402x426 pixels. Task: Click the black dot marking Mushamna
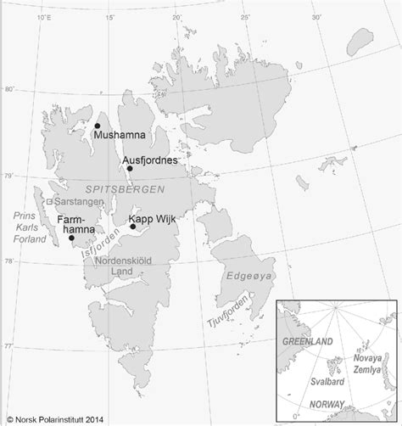click(x=98, y=126)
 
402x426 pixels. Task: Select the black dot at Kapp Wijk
click(x=133, y=226)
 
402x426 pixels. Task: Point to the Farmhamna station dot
click(x=71, y=238)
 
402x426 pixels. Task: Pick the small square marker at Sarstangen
click(x=49, y=202)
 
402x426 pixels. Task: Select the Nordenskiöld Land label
click(x=121, y=266)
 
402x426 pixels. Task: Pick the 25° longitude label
click(x=244, y=16)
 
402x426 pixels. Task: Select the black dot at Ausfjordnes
click(x=130, y=168)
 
